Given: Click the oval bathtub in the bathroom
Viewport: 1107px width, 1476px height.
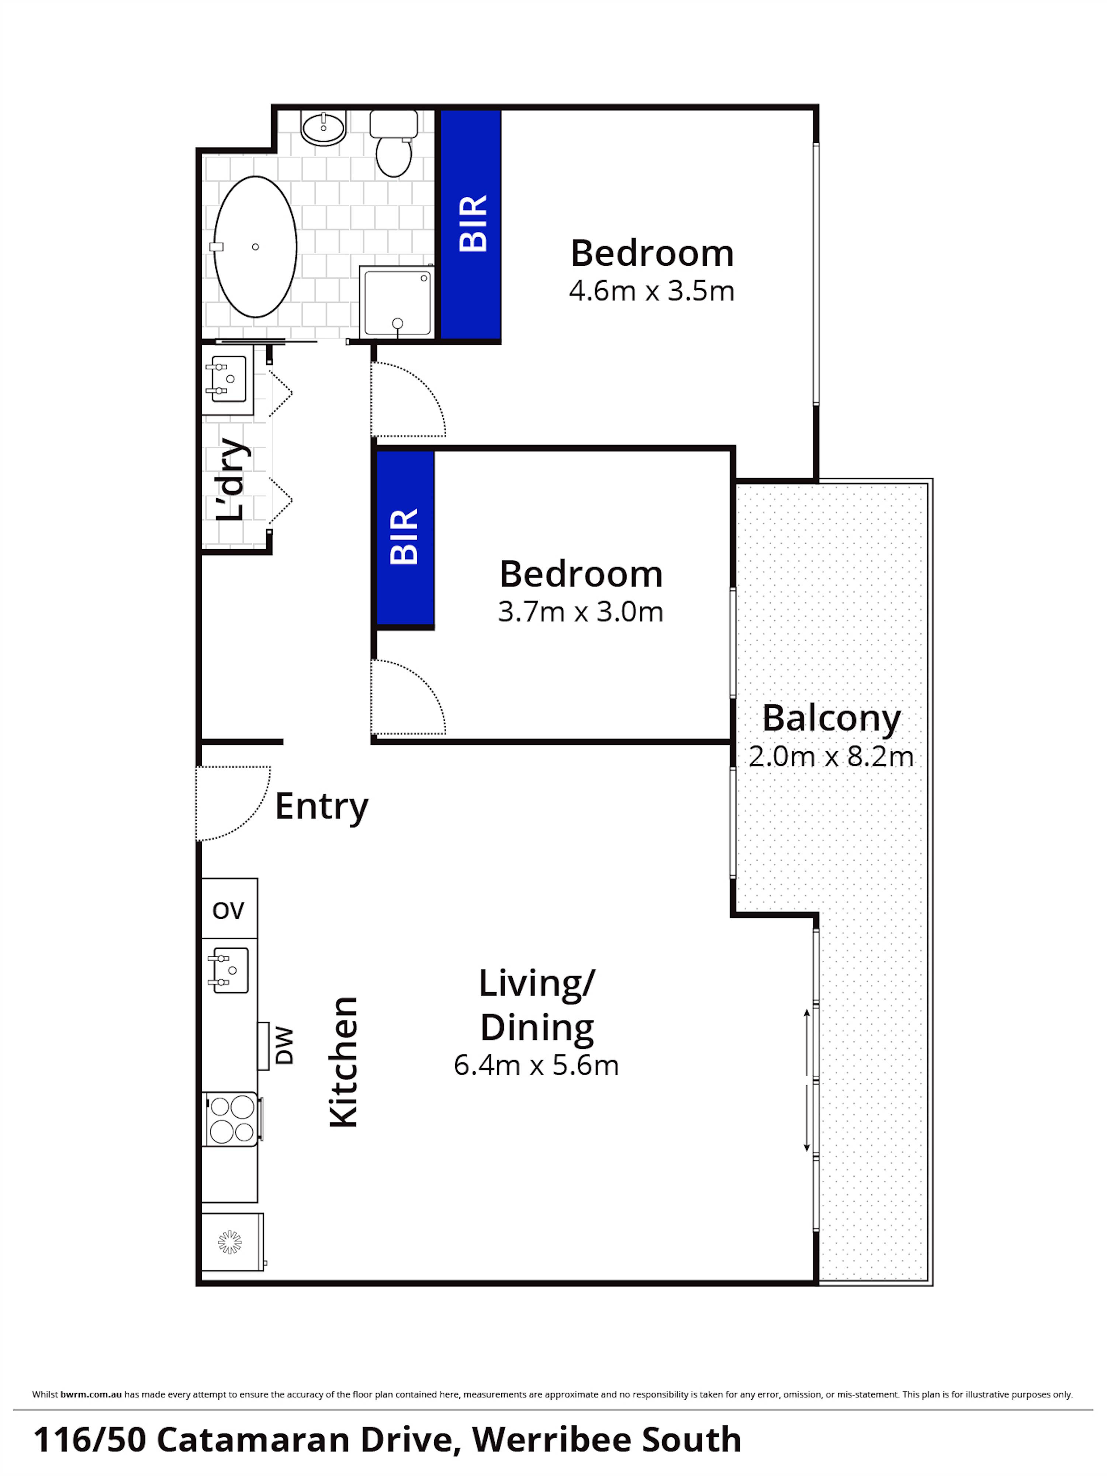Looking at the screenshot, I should tap(255, 247).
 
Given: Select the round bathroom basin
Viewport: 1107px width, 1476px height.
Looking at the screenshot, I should tap(323, 127).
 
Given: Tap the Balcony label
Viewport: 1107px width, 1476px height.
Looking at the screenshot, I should tap(831, 719).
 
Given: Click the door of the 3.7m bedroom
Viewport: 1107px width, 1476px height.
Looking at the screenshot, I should tap(407, 697).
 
